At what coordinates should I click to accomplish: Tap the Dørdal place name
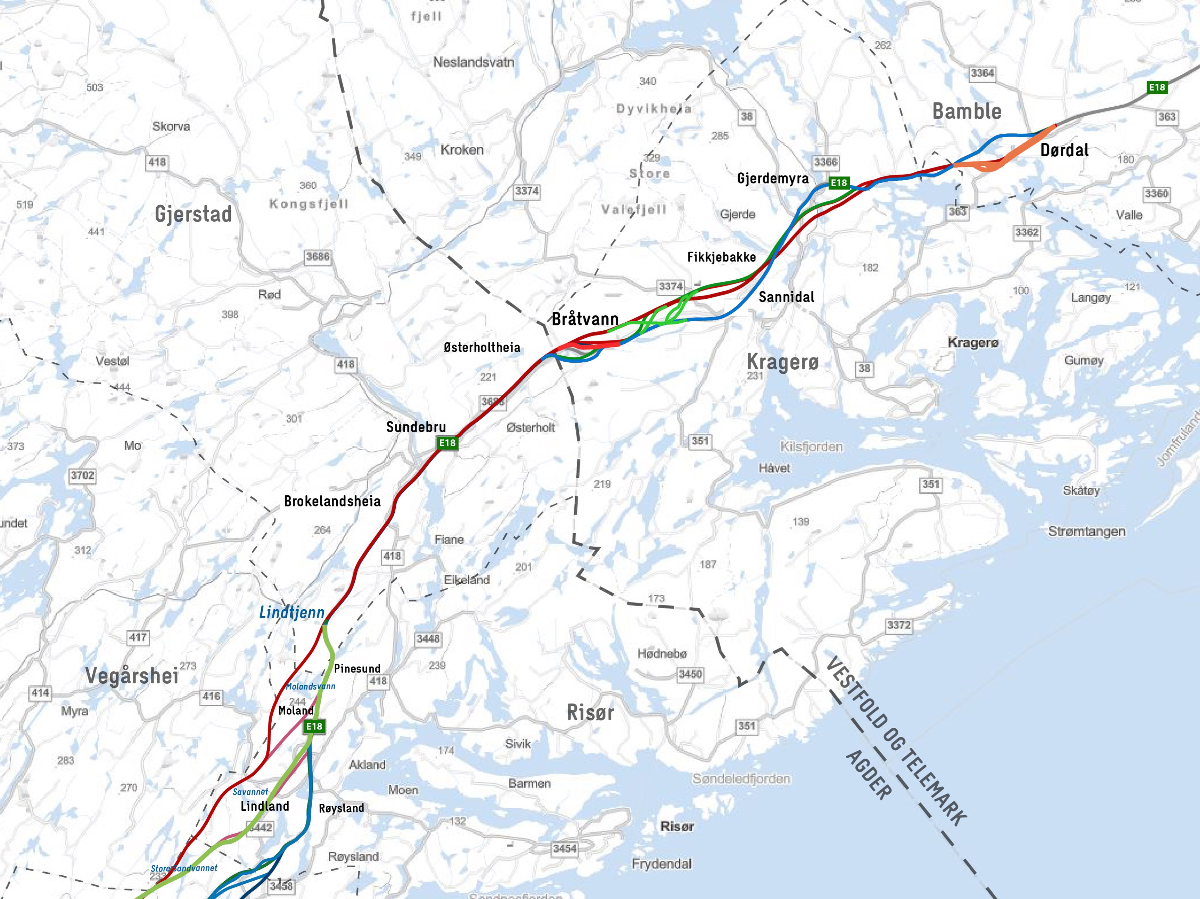click(1064, 150)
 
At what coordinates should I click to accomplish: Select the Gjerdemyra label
click(773, 179)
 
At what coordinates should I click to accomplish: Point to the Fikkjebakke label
click(722, 257)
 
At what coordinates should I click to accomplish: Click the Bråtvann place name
click(585, 319)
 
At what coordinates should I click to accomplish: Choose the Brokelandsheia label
click(332, 501)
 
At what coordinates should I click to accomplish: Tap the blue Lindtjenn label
click(291, 612)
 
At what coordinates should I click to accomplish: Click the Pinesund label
click(357, 668)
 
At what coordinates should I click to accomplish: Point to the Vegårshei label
click(132, 676)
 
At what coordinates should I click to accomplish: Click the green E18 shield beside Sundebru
click(447, 443)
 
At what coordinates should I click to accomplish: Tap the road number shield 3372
click(899, 625)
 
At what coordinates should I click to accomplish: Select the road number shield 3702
click(82, 475)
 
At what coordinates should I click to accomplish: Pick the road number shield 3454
click(564, 849)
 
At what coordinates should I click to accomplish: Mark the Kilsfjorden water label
click(812, 447)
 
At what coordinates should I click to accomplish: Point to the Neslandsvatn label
click(473, 63)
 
